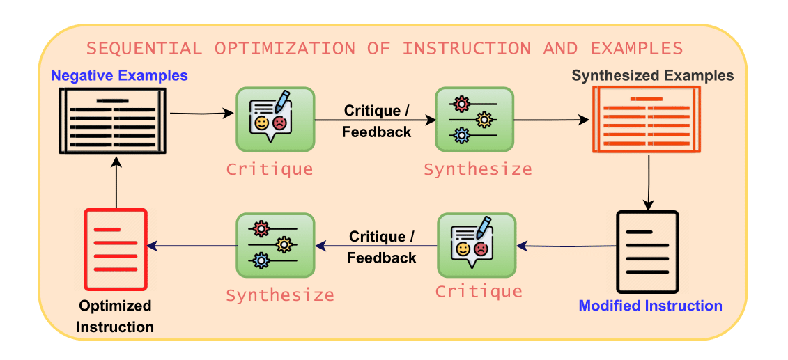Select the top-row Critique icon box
[x=275, y=118]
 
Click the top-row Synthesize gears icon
[x=474, y=118]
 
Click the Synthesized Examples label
[x=653, y=75]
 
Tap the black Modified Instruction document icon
[x=647, y=251]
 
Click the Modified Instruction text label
[x=650, y=306]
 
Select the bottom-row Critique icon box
[x=477, y=245]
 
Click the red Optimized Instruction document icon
[x=116, y=249]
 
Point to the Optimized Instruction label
[x=115, y=316]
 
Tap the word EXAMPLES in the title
[x=636, y=49]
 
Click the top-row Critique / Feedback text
[x=376, y=121]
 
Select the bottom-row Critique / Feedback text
[x=381, y=247]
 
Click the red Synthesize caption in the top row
[x=477, y=169]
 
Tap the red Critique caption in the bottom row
[x=479, y=290]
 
